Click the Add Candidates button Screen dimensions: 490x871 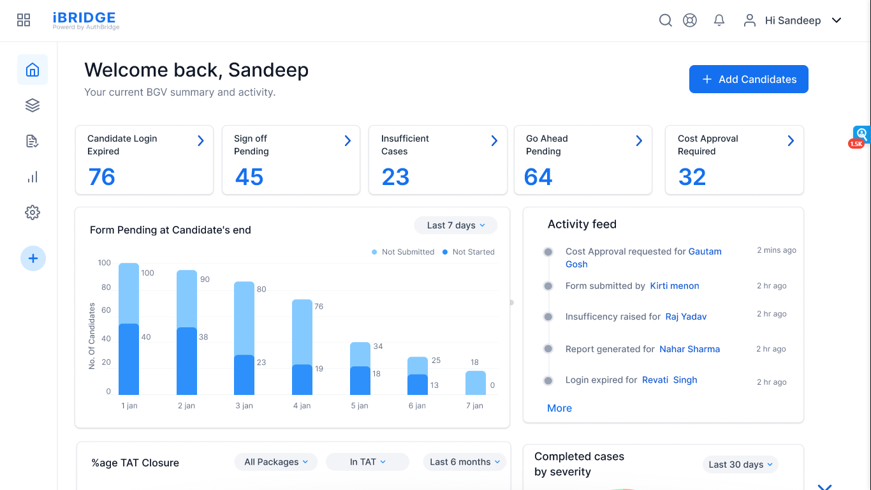pyautogui.click(x=749, y=79)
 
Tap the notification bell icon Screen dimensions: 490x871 pyautogui.click(x=719, y=20)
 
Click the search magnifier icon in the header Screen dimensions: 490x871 pyautogui.click(x=665, y=20)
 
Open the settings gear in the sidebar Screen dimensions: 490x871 pyautogui.click(x=33, y=212)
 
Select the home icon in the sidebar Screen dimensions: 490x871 pyautogui.click(x=33, y=70)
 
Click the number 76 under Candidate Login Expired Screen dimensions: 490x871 pyautogui.click(x=102, y=177)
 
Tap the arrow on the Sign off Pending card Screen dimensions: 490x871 pyautogui.click(x=348, y=140)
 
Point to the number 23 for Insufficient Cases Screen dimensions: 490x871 pyautogui.click(x=395, y=177)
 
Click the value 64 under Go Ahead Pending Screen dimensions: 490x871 pyautogui.click(x=538, y=177)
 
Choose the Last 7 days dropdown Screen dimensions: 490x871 pyautogui.click(x=455, y=225)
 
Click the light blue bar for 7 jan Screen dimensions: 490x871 pyautogui.click(x=476, y=383)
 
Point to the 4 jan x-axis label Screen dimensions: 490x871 pyautogui.click(x=302, y=406)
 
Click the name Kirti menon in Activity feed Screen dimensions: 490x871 pyautogui.click(x=675, y=286)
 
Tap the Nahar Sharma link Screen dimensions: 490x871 pyautogui.click(x=689, y=349)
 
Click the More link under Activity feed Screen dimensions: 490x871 pyautogui.click(x=559, y=408)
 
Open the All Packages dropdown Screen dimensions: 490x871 pyautogui.click(x=276, y=462)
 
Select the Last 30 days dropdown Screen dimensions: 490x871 pyautogui.click(x=740, y=464)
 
